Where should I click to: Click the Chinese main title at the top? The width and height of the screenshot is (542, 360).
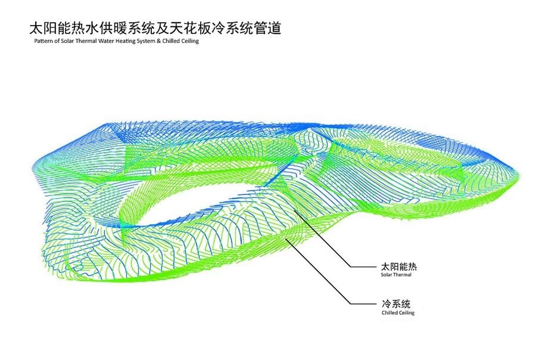155,29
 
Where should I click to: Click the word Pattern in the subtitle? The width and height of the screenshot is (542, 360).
42,41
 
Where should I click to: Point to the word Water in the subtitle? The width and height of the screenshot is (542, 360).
106,41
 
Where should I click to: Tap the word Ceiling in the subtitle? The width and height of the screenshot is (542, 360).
190,41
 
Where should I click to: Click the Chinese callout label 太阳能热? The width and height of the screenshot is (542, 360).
398,266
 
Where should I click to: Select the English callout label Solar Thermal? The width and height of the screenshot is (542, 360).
396,275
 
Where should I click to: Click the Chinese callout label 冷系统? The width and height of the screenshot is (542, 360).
396,304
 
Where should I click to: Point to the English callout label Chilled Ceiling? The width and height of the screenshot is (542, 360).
398,313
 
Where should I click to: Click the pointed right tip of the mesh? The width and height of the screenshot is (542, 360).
519,173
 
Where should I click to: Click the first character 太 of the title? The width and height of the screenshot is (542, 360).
36,29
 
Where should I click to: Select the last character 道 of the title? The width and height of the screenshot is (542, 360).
274,29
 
